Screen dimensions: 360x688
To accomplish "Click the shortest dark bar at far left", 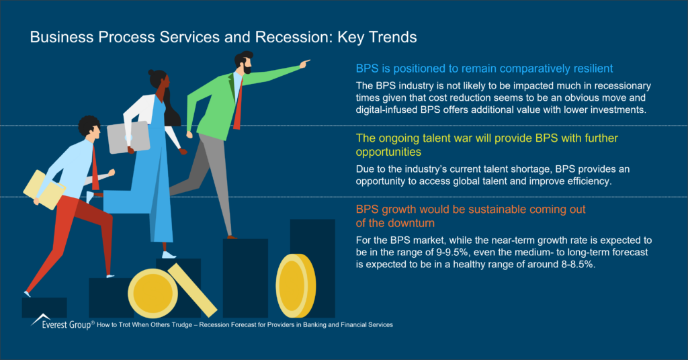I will click(44, 307).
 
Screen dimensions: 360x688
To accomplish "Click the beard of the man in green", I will click(247, 69).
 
